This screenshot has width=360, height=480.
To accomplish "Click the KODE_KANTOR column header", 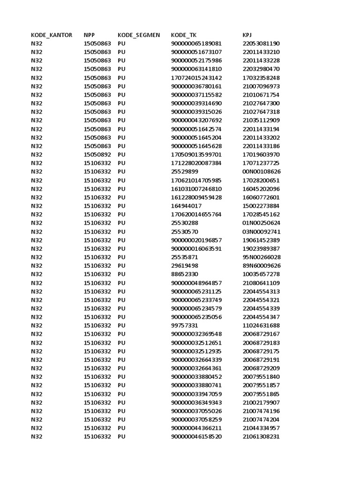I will pos(52,35).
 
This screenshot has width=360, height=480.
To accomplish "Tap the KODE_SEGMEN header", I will pos(139,35).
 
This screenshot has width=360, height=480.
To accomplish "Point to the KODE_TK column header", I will pos(184,35).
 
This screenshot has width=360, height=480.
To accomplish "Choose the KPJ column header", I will pos(247,35).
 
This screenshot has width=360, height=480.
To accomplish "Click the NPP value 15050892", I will pos(97,155).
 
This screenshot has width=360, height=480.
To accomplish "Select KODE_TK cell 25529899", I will pos(185,172).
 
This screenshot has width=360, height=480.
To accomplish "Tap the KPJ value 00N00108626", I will pos(262,172).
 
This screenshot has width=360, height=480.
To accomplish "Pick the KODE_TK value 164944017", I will pos(187,206).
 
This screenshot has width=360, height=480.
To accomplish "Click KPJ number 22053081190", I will pos(261,44).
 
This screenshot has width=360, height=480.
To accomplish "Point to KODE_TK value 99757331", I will pos(185,325).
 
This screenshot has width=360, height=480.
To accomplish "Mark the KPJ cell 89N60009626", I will pos(262,266).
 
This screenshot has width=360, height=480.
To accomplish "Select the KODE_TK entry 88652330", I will pos(185,274).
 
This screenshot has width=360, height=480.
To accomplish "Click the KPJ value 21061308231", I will pos(261,436).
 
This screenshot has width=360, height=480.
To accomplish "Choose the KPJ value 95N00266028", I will pos(262,257).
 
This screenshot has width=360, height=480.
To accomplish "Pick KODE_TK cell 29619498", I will pos(185,266).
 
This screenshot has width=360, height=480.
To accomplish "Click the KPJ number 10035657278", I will pos(261,274).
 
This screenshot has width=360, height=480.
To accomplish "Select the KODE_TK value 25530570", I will pos(185,232).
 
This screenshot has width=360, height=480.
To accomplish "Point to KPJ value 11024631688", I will pos(261,325).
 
